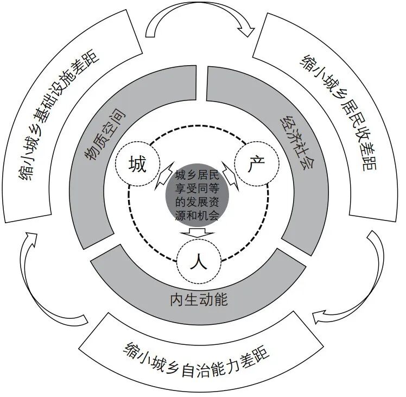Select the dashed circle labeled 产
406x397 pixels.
click(x=256, y=163)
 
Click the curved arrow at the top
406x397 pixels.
click(x=201, y=22)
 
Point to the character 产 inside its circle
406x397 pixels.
click(x=256, y=163)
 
